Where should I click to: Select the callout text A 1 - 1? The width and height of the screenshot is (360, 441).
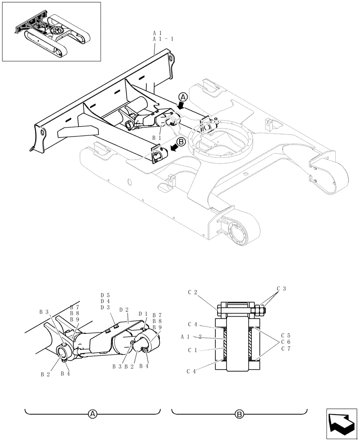[163, 39]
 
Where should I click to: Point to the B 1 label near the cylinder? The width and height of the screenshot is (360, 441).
[156, 138]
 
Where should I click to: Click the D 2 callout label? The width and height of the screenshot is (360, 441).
[124, 310]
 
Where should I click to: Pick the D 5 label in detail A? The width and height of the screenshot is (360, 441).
[105, 295]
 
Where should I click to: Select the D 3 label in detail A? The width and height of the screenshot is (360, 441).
[105, 307]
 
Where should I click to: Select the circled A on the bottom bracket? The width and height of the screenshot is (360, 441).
[92, 414]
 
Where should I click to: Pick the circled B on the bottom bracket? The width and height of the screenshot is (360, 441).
[239, 414]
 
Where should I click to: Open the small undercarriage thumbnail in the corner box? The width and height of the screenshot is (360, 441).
[51, 32]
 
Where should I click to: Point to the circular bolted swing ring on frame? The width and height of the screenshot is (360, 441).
[220, 142]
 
